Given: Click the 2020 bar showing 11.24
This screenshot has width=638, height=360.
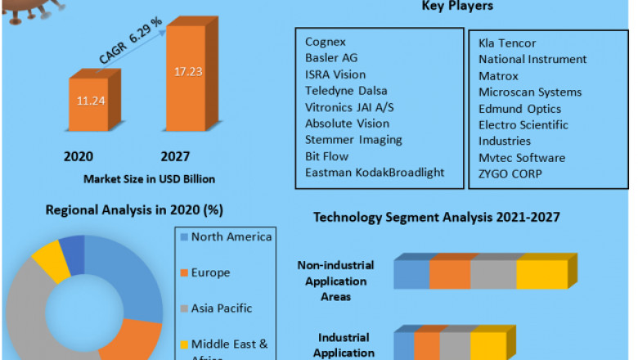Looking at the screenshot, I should (x=96, y=102).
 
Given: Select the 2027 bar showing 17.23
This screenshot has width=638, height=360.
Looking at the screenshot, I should (x=191, y=82).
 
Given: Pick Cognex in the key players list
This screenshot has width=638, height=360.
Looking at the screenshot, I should (x=325, y=42).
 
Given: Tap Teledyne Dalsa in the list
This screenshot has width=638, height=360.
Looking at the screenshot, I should (x=346, y=91).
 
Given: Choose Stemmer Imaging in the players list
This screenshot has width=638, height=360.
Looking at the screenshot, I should (x=353, y=140).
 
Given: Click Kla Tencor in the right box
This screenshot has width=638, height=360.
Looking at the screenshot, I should (x=507, y=43).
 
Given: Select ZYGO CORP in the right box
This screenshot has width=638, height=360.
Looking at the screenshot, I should (x=510, y=173).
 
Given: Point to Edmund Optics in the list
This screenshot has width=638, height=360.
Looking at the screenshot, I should (x=519, y=108).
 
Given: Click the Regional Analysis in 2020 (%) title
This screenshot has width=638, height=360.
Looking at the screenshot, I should (x=134, y=209).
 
